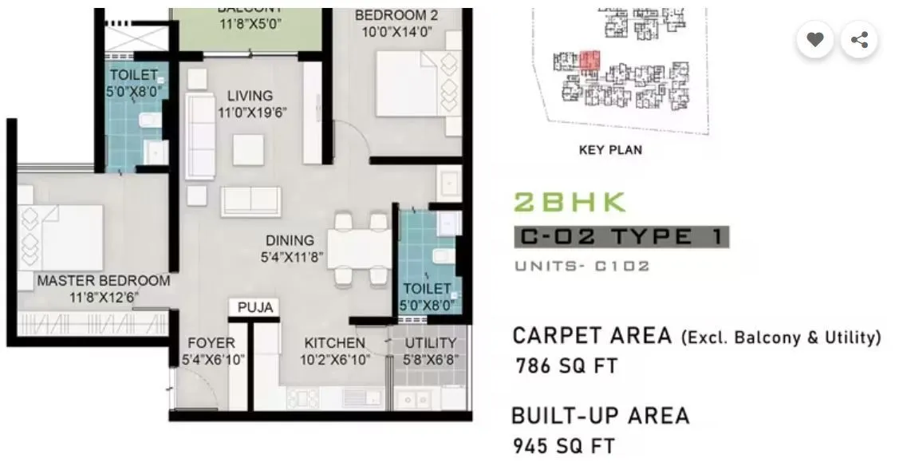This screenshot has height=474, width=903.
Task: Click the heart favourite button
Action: coord(814,39)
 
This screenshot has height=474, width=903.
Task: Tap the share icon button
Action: coord(859,39)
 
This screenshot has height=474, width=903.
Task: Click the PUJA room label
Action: coord(254,307)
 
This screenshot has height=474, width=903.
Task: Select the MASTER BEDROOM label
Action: coord(103,281)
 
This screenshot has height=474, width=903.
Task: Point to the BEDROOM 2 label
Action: coord(396,15)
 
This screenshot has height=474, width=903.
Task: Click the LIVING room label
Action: coord(249,96)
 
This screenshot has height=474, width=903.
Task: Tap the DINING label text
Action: coord(290,240)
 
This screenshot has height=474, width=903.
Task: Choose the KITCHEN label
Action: coord(334,343)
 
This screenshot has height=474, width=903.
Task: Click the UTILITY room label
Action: coord(431,343)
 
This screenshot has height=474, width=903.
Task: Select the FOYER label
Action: coord(211,343)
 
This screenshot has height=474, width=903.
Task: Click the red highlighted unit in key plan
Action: coord(589,60)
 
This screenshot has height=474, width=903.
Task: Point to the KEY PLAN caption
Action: coord(610,150)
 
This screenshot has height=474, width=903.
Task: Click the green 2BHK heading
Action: coord(569,202)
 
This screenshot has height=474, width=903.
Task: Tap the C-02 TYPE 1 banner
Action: coord(621,237)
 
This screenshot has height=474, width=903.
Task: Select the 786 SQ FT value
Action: coord(566,366)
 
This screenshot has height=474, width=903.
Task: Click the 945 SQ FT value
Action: coord(563,445)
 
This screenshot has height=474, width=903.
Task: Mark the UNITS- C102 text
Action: coord(582,266)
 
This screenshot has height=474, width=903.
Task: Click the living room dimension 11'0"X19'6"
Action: coord(249,113)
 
